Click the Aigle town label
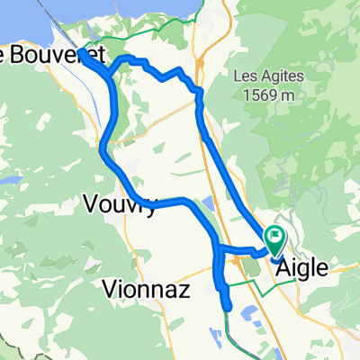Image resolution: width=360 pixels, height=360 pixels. (302, 267)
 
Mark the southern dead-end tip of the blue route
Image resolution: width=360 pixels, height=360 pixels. (227, 309)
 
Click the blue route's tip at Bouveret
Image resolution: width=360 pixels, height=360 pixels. (82, 52)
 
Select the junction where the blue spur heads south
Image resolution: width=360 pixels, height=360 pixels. (217, 247)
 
